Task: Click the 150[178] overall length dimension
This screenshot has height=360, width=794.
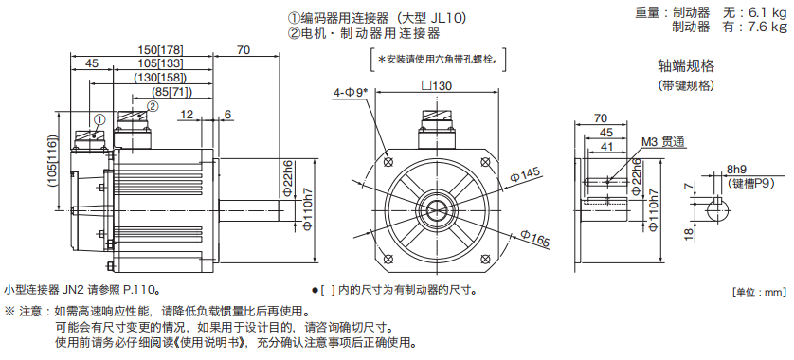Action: pyautogui.click(x=160, y=50)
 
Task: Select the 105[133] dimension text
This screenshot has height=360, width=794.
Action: pyautogui.click(x=160, y=63)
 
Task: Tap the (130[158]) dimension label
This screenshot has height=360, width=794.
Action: pyautogui.click(x=160, y=78)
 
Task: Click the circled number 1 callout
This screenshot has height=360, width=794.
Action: pyautogui.click(x=99, y=119)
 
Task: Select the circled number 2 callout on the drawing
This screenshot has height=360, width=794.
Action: pyautogui.click(x=153, y=106)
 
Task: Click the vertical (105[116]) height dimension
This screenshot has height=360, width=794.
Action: pyautogui.click(x=54, y=161)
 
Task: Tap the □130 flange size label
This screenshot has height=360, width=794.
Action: pyautogui.click(x=437, y=85)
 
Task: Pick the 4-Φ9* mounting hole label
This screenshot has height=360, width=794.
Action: pyautogui.click(x=351, y=93)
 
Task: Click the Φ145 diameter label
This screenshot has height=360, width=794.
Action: pyautogui.click(x=526, y=175)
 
